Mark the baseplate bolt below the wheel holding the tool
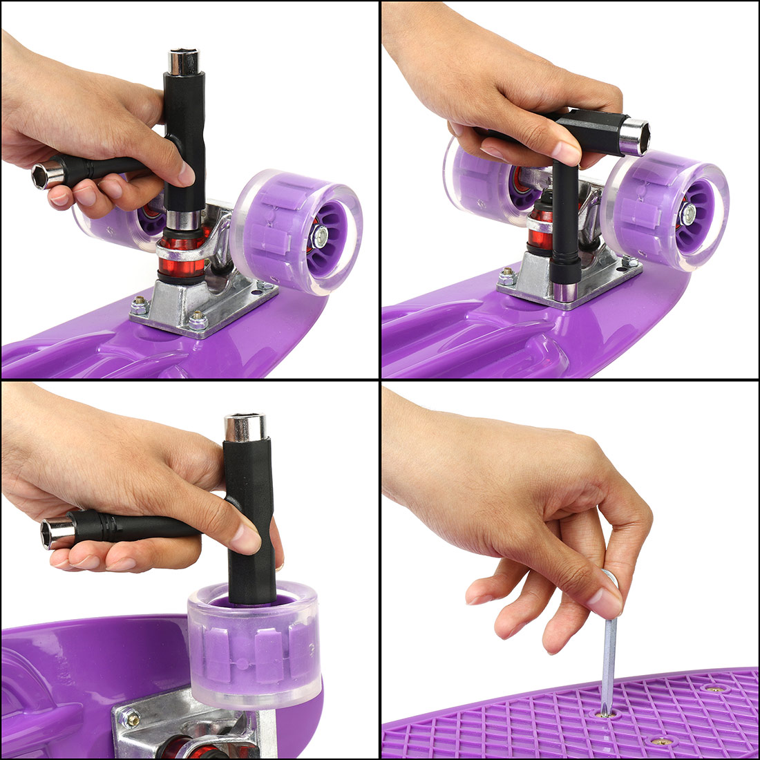coord(130,719)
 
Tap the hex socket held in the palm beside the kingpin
coord(45,175)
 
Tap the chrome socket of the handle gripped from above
coord(634,135)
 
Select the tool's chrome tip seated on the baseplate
coord(565,294)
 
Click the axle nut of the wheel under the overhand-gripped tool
coord(687,214)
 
